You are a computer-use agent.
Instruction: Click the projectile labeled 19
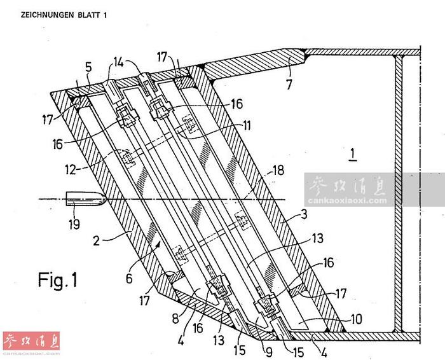tap(86, 198)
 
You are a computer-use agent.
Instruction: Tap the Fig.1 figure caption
tap(58, 280)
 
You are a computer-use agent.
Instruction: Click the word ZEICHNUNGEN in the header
tap(47, 15)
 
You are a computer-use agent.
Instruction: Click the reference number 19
tap(74, 224)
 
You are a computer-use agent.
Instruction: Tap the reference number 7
tap(289, 85)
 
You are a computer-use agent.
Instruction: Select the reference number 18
tap(278, 170)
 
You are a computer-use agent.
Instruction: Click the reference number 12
tap(71, 170)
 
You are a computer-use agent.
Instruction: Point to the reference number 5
tap(88, 68)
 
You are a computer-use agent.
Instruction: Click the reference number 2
tap(97, 241)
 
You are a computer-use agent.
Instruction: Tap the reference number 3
tap(304, 214)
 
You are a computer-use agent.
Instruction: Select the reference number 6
tap(129, 279)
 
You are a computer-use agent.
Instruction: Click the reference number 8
tap(175, 319)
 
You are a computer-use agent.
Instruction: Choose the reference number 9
tap(269, 352)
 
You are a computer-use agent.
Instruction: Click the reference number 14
tap(119, 62)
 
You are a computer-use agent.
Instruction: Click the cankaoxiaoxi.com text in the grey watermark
tap(347, 201)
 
